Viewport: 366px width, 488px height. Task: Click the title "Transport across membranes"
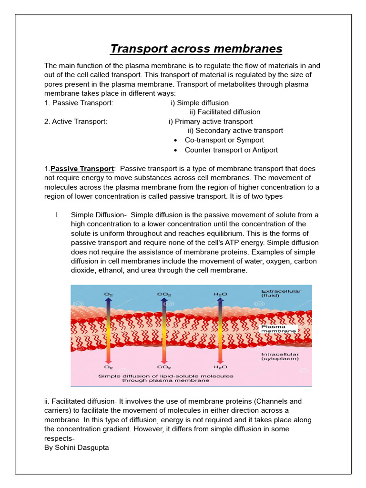click(196, 49)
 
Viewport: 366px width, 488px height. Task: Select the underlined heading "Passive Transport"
click(82, 169)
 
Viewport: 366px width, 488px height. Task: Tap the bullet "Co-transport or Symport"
click(224, 140)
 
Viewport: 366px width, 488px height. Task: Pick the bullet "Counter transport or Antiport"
click(231, 150)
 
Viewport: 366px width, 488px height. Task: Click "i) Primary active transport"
click(211, 122)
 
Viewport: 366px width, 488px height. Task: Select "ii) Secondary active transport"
click(235, 131)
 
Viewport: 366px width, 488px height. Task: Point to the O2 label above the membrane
click(109, 295)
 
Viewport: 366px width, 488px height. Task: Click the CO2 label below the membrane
click(164, 367)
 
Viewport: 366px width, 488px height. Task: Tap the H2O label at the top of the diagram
click(220, 295)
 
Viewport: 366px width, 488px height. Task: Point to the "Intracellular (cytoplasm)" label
click(280, 356)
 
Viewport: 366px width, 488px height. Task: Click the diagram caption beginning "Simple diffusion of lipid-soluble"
click(166, 378)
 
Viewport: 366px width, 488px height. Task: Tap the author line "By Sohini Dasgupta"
click(76, 447)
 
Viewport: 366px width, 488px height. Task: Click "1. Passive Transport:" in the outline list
click(79, 103)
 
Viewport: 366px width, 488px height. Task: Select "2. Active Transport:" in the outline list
click(76, 122)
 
